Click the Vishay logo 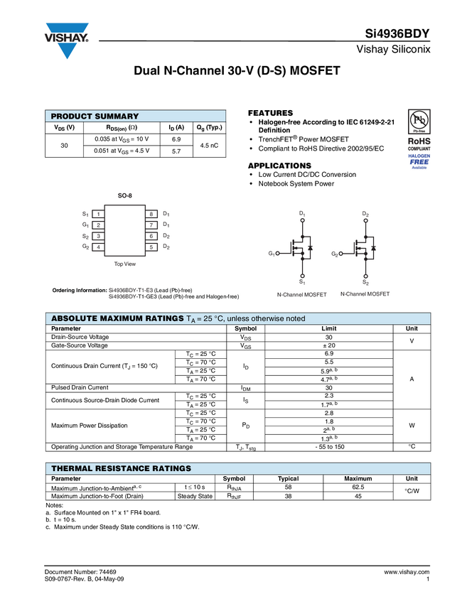(68, 40)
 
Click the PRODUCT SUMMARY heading (95, 117)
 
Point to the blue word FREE (419, 161)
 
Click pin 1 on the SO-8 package (98, 214)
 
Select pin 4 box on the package (98, 247)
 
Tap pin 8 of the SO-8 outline (151, 214)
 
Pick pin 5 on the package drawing (151, 247)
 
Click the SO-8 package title (125, 195)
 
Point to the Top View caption (125, 264)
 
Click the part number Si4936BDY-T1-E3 (135, 290)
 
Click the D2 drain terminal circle (365, 221)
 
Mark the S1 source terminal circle (303, 276)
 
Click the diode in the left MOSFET (310, 248)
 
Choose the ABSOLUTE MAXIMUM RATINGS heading (117, 318)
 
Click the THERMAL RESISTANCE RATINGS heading (121, 469)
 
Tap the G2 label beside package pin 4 (85, 247)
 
